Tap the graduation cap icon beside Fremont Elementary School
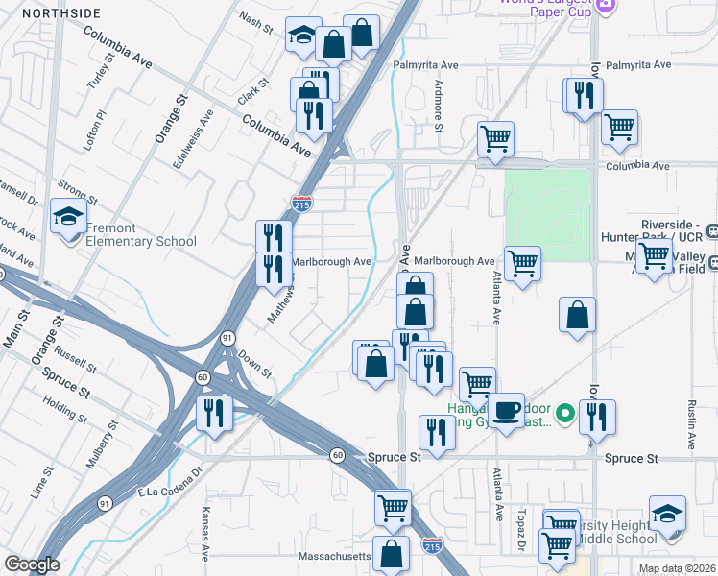(x=69, y=218)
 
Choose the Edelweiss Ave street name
(x=205, y=140)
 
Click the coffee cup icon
(x=508, y=410)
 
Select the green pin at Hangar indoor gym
(x=565, y=414)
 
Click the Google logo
(x=32, y=564)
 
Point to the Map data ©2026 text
(x=677, y=569)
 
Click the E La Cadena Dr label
(x=172, y=490)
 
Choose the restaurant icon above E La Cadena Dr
(x=213, y=414)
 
